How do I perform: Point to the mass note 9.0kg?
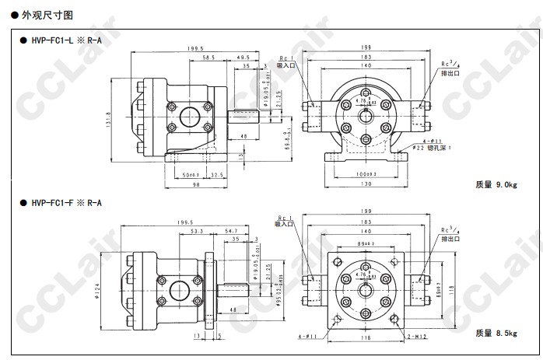point(496,185)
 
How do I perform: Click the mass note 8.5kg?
point(496,333)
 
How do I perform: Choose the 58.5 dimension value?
point(208,58)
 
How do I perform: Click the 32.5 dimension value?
point(218,174)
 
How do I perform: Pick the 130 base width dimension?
point(366,184)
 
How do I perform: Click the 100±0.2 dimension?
point(366,174)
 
